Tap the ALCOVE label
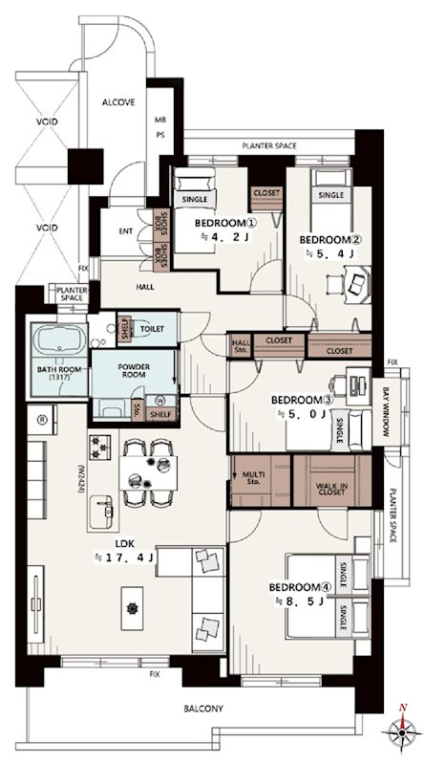point(118,102)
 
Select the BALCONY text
point(203,709)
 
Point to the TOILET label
point(152,329)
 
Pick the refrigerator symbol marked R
point(41,419)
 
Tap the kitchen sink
point(102,512)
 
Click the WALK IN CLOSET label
point(330,489)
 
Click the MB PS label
point(159,128)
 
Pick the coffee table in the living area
point(132,608)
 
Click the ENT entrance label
point(126,231)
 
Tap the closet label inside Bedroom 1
point(266,193)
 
